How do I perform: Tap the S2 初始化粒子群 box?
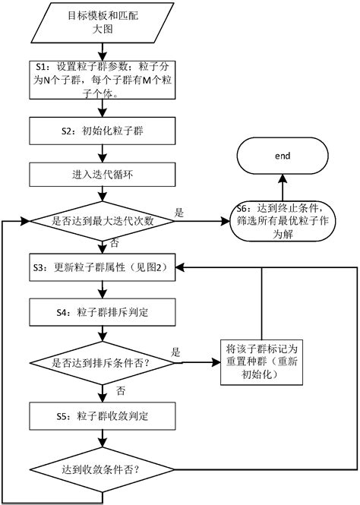103,130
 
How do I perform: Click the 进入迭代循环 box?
103,175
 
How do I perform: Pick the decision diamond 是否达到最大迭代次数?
103,222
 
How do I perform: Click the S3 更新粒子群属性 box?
103,268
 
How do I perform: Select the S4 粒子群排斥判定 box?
103,311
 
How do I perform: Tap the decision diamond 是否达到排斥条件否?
103,362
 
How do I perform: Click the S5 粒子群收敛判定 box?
103,415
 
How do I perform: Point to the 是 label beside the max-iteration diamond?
179,213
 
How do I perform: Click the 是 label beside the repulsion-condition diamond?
176,352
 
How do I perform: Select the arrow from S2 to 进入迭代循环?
103,153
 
